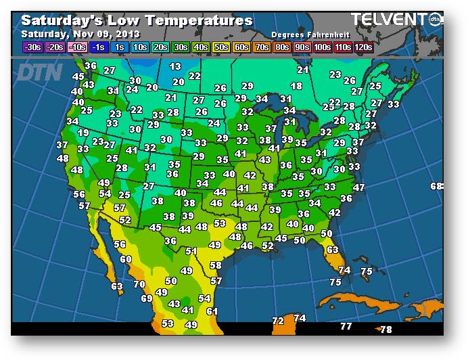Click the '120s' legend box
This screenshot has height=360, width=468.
pyautogui.click(x=363, y=47)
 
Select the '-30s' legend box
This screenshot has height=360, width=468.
pyautogui.click(x=31, y=47)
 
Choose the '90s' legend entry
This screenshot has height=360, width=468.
pyautogui.click(x=302, y=47)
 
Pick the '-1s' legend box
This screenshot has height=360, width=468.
pyautogui.click(x=99, y=47)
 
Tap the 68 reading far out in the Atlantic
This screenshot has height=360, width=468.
pyautogui.click(x=436, y=186)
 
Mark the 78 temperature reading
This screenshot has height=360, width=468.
pyautogui.click(x=386, y=330)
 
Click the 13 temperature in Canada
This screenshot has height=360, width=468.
pyautogui.click(x=175, y=66)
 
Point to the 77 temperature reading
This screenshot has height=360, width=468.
pyautogui.click(x=346, y=326)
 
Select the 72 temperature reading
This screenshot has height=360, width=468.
pyautogui.click(x=278, y=320)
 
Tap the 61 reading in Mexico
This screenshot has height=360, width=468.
pyautogui.click(x=212, y=311)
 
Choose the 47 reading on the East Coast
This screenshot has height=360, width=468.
pyautogui.click(x=358, y=187)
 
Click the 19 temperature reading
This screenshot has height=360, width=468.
pyautogui.click(x=83, y=133)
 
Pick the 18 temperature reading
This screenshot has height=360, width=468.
pyautogui.click(x=296, y=86)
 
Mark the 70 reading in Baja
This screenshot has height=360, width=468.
pyautogui.click(x=139, y=284)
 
